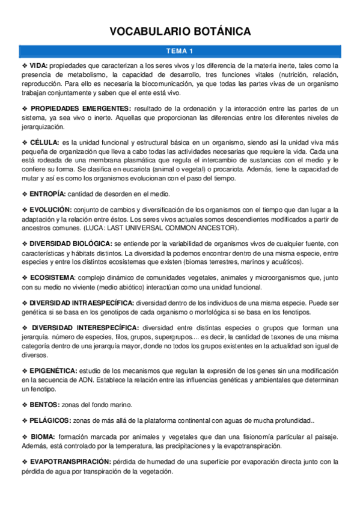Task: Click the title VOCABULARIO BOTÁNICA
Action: pos(180,32)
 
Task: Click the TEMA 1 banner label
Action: pos(180,51)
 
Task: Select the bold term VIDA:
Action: pos(38,65)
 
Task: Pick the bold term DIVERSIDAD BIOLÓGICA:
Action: pos(70,243)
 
